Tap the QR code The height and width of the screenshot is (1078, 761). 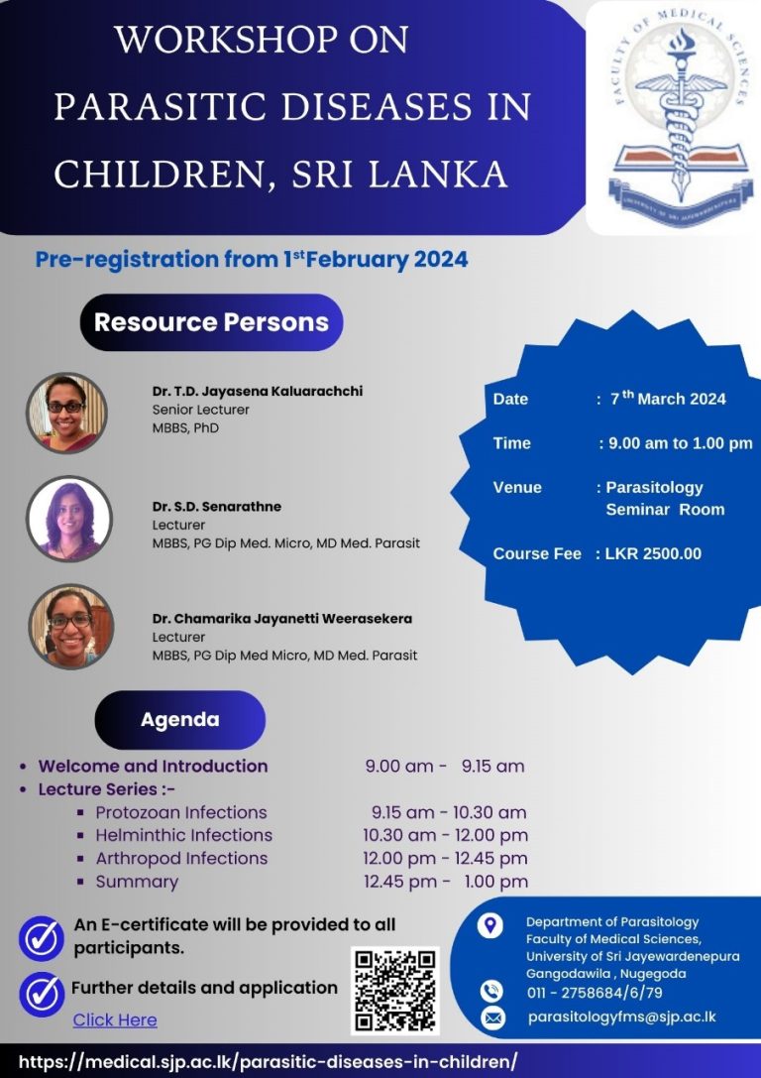(394, 989)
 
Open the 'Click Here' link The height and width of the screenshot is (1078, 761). (115, 1019)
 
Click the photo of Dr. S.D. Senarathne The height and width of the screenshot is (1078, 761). (68, 519)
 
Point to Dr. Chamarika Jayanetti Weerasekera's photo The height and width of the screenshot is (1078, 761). (70, 626)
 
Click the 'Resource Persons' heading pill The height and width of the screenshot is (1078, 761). (211, 322)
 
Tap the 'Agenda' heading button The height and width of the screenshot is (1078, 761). (180, 719)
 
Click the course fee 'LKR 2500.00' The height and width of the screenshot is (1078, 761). (653, 553)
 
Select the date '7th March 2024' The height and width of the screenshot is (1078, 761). (668, 399)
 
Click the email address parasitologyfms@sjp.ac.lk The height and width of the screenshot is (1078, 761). (621, 1017)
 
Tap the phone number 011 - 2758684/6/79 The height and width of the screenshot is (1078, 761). (595, 992)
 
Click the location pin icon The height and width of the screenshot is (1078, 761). (489, 926)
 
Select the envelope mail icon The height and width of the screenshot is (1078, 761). (492, 1018)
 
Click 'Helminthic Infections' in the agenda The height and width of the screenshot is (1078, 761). (183, 835)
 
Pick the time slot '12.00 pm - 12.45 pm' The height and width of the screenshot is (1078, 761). (446, 858)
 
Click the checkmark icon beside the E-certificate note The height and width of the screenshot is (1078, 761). (42, 937)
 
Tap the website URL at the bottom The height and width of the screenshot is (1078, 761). (268, 1060)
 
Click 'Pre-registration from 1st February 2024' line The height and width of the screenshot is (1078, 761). (252, 260)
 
